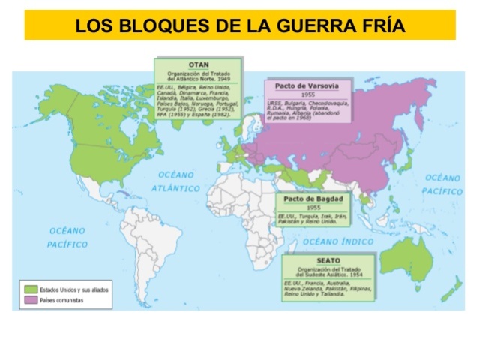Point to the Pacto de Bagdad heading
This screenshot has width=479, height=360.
(314, 199)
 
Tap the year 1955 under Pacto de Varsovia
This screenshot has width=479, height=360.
(307, 95)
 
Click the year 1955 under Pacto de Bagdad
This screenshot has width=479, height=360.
(314, 207)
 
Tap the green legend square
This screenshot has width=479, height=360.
(31, 289)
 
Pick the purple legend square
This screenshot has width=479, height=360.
(31, 299)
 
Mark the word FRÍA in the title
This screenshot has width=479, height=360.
(381, 26)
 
